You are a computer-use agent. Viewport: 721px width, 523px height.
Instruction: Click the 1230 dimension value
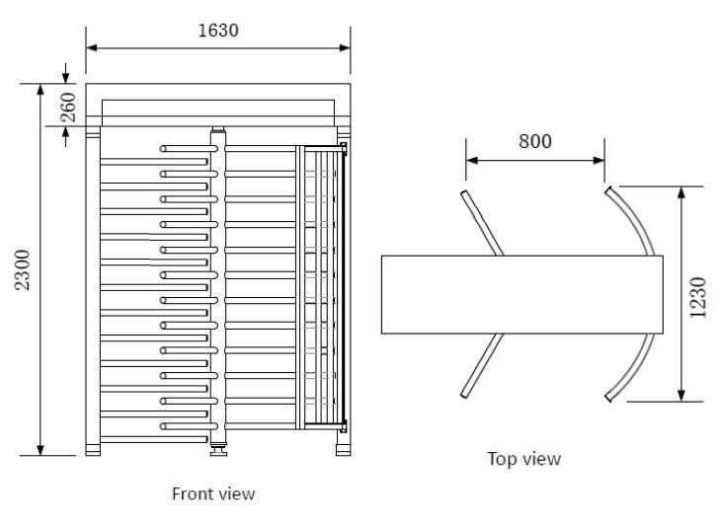point(698,295)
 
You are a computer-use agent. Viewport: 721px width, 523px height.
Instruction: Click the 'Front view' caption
point(213,492)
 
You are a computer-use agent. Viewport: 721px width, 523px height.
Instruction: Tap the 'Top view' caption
point(523,458)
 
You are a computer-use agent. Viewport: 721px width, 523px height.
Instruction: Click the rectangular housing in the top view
point(521,294)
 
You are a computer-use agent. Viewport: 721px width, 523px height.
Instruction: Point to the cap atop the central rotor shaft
point(218,130)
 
